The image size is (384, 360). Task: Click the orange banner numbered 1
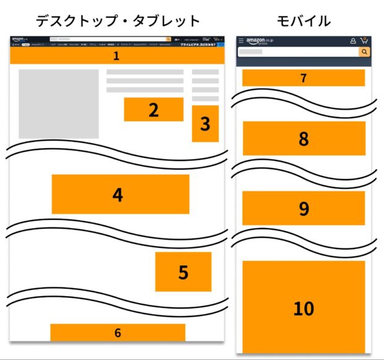116,56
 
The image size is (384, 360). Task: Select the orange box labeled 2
154,110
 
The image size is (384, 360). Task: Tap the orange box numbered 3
205,124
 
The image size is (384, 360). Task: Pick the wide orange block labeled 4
120,195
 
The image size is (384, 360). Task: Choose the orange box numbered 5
183,271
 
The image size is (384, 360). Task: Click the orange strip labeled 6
118,333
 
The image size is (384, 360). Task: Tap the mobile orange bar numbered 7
303,78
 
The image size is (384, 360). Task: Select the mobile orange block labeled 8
303,138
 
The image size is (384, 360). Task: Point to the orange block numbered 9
303,208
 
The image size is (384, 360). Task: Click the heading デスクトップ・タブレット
118,20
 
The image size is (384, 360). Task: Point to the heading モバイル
303,20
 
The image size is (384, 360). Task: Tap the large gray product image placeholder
59,103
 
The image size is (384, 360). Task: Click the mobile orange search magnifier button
364,52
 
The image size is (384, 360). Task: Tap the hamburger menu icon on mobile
241,41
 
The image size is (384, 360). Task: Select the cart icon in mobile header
364,40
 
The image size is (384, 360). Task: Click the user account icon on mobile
353,41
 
